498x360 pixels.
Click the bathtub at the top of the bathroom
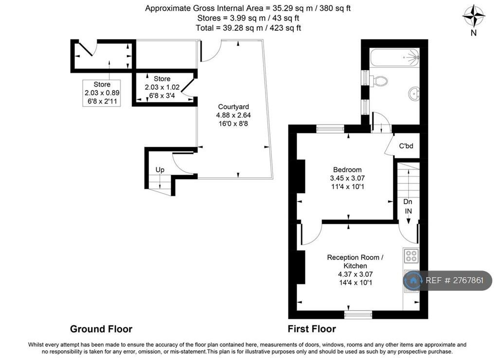[x=395, y=57]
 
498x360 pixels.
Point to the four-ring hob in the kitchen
[x=411, y=256]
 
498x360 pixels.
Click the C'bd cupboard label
[x=406, y=146]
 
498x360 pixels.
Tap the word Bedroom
[x=347, y=170]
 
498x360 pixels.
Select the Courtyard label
[x=233, y=107]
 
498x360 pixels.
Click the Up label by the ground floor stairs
[x=160, y=170]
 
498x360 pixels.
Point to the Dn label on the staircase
[x=408, y=202]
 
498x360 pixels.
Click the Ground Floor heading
[x=101, y=329]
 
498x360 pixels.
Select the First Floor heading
[x=312, y=329]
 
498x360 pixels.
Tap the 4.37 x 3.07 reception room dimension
[x=356, y=274]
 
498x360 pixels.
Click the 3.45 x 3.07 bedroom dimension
[x=347, y=178]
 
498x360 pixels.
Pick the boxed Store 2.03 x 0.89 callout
[x=102, y=93]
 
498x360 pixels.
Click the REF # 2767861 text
[x=454, y=280]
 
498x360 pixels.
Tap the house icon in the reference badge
[x=413, y=280]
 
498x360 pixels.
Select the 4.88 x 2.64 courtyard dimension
[x=233, y=115]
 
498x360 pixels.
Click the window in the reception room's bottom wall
[x=358, y=315]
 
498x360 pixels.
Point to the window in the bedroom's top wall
[x=330, y=129]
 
